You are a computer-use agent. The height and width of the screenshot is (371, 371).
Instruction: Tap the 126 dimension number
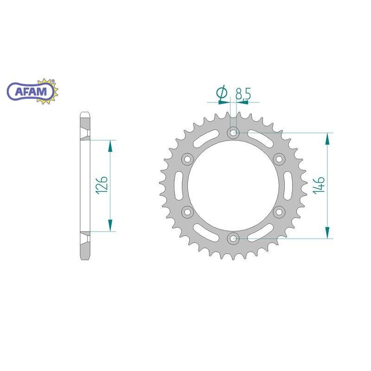click(103, 185)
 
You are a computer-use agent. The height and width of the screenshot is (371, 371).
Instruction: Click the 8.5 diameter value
click(243, 94)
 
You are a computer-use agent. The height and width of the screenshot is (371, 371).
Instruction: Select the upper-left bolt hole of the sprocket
click(188, 159)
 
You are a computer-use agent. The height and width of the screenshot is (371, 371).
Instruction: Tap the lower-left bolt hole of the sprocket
click(188, 212)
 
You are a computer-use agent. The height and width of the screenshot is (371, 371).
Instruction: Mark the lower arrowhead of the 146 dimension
click(328, 233)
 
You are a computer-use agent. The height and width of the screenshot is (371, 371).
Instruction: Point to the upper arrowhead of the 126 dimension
click(110, 146)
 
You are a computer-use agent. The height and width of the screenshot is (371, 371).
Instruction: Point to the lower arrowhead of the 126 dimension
click(110, 225)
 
